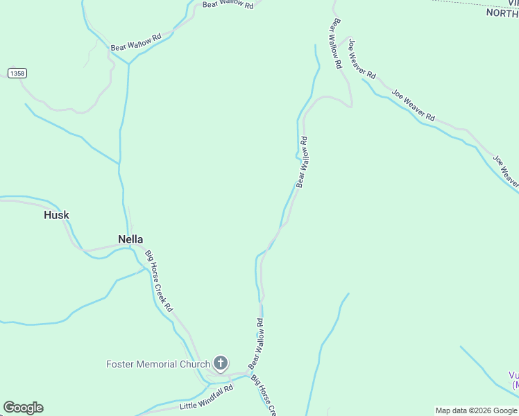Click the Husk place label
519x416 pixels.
point(56,215)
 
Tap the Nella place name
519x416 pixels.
point(130,239)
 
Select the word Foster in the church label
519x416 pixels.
point(121,364)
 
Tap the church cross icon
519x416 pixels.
point(221,363)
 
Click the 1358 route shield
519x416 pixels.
point(17,73)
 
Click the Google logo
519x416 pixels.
point(23,408)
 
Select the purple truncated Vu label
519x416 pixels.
point(513,379)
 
